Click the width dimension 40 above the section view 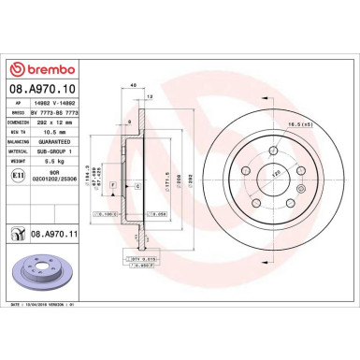tap(136, 86)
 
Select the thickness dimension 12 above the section tap(151, 94)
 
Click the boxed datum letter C tap(138, 187)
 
